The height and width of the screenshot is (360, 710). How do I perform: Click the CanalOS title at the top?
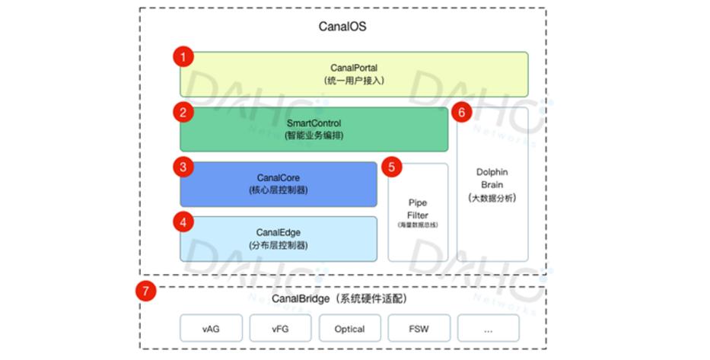pyautogui.click(x=342, y=27)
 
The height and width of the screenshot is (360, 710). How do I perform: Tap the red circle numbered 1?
pyautogui.click(x=183, y=56)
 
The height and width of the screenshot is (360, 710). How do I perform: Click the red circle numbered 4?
pyautogui.click(x=183, y=221)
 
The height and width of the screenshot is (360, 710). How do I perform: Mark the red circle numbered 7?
pyautogui.click(x=145, y=291)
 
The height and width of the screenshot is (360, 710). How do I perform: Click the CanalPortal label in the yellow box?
pyautogui.click(x=353, y=68)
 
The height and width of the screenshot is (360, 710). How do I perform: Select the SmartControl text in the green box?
pyautogui.click(x=314, y=123)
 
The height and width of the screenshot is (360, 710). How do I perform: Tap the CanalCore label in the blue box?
pyautogui.click(x=278, y=177)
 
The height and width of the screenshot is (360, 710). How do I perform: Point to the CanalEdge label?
pyautogui.click(x=278, y=233)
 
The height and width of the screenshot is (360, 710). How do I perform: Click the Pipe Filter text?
pyautogui.click(x=417, y=209)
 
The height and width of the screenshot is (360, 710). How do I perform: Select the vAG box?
pyautogui.click(x=211, y=329)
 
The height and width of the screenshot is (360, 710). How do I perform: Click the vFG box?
pyautogui.click(x=280, y=329)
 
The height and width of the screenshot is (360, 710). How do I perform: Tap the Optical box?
pyautogui.click(x=349, y=329)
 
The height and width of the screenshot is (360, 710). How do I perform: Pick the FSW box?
pyautogui.click(x=419, y=329)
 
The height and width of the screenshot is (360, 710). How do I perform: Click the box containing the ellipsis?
pyautogui.click(x=488, y=329)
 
